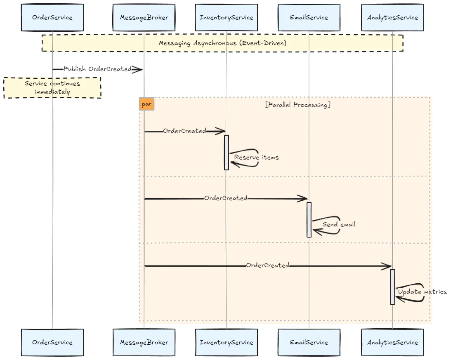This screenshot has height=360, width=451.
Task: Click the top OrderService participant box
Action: (52, 18)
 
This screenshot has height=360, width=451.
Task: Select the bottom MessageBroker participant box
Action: (144, 342)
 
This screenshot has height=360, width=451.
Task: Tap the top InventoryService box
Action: (226, 18)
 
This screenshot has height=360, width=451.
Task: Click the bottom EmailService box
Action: (309, 342)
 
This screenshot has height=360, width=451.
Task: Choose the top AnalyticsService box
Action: (392, 18)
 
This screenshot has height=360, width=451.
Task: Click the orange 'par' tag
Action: (146, 104)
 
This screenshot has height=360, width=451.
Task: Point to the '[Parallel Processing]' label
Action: (298, 105)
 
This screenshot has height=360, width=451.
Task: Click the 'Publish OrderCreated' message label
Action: (97, 69)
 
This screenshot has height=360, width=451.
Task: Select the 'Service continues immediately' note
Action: (52, 87)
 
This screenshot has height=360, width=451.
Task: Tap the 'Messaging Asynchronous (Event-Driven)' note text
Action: (222, 43)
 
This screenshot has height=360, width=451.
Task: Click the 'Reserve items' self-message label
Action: (256, 157)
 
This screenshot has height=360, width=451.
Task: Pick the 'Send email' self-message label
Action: (338, 224)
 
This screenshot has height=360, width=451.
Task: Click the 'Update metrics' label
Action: (422, 292)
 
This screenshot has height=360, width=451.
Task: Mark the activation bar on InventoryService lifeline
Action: (226, 152)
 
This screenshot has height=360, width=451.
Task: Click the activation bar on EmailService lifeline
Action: (309, 219)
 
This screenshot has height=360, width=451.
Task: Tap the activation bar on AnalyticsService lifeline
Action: (392, 287)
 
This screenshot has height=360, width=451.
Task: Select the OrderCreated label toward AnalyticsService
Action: (267, 265)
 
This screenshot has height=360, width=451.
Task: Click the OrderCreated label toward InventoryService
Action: (184, 131)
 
